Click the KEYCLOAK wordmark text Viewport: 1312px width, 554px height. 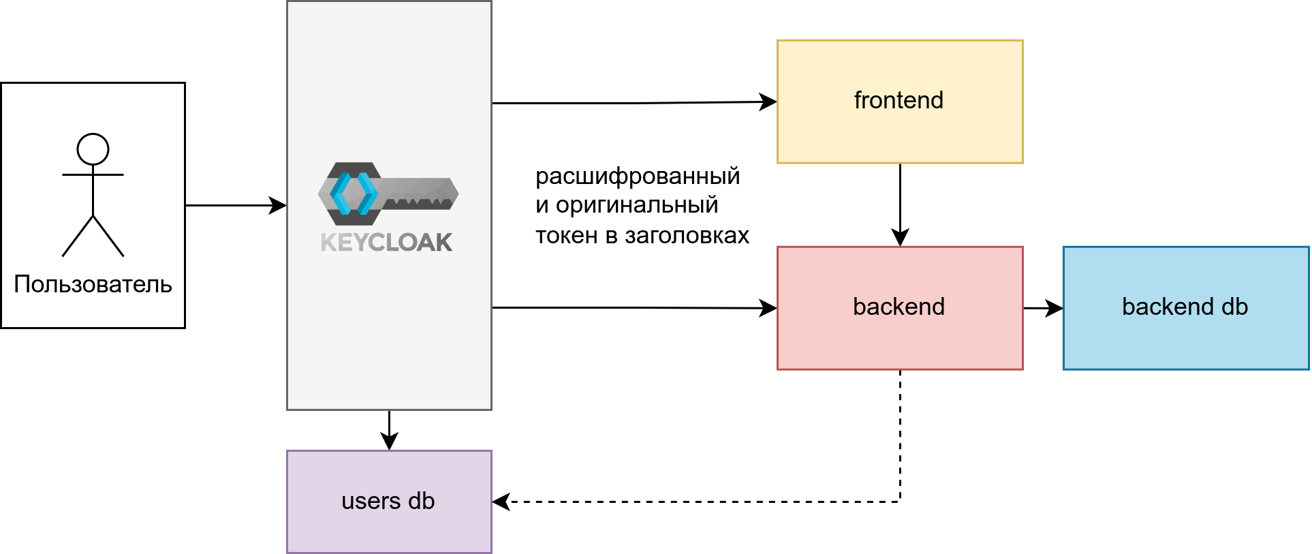pyautogui.click(x=386, y=243)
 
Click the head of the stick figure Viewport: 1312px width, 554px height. pyautogui.click(x=93, y=149)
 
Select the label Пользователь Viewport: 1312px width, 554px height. pyautogui.click(x=93, y=284)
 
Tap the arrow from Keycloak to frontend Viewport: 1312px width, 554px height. pyautogui.click(x=634, y=103)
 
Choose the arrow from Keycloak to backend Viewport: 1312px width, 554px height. pyautogui.click(x=634, y=308)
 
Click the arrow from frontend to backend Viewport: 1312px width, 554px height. pyautogui.click(x=900, y=204)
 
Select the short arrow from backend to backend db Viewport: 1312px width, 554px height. pyautogui.click(x=1042, y=308)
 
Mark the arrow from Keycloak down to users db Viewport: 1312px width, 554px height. pyautogui.click(x=389, y=429)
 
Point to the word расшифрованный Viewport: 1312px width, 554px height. pyautogui.click(x=638, y=176)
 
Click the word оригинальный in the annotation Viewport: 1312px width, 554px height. pyautogui.click(x=637, y=205)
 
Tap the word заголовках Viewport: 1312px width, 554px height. pyautogui.click(x=687, y=235)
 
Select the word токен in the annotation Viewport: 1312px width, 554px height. pyautogui.click(x=566, y=235)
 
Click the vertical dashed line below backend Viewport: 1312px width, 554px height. pyautogui.click(x=900, y=436)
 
